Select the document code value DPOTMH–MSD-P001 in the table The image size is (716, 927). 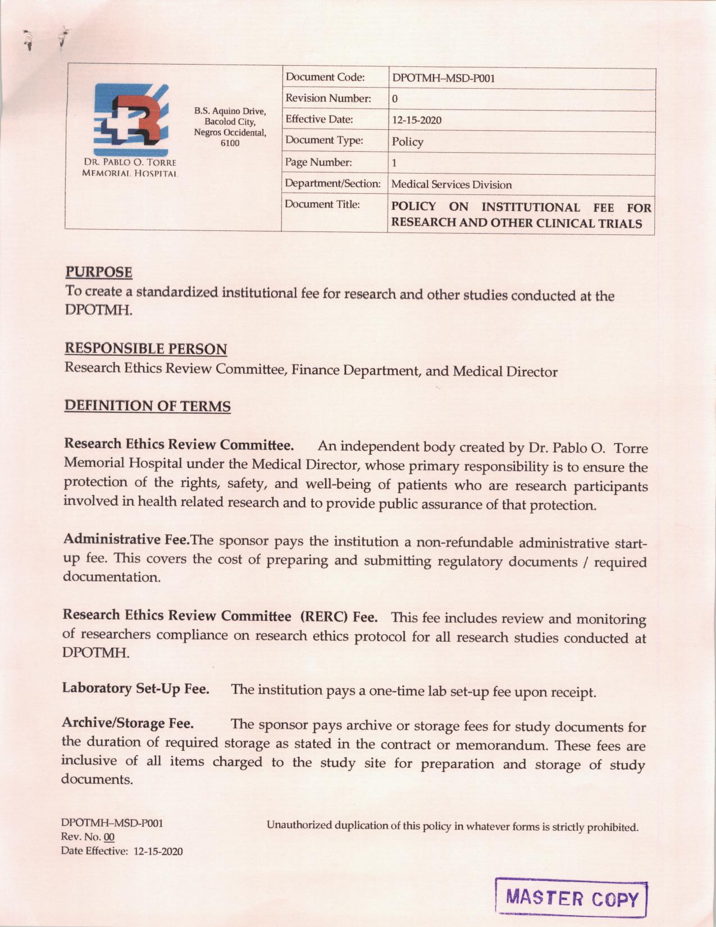point(443,78)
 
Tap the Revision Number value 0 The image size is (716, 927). point(395,99)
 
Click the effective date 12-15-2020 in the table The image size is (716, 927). point(417,120)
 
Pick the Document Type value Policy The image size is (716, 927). point(408,142)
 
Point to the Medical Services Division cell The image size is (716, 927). point(452,184)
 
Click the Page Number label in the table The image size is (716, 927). point(318,162)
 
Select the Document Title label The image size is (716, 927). point(322,204)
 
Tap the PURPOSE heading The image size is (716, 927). point(99,272)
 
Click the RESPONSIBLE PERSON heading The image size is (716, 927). point(146,349)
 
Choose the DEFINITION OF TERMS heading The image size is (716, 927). point(148,406)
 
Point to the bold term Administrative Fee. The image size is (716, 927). point(127,539)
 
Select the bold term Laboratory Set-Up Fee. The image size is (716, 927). point(136,688)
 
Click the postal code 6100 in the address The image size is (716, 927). point(230,143)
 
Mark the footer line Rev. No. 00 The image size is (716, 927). point(88,837)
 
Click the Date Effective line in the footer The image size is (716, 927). point(122,851)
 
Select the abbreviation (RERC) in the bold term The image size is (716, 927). point(325,616)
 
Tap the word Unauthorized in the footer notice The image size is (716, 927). point(299,825)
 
